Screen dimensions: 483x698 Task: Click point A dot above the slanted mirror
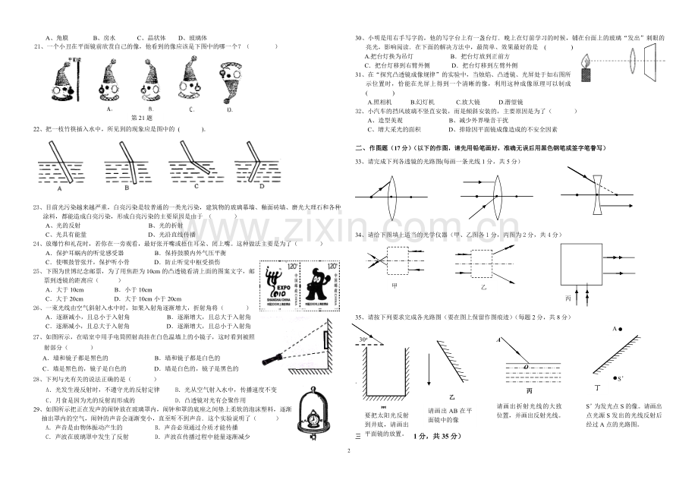(x=620, y=329)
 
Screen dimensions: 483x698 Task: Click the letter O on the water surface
(x=523, y=365)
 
